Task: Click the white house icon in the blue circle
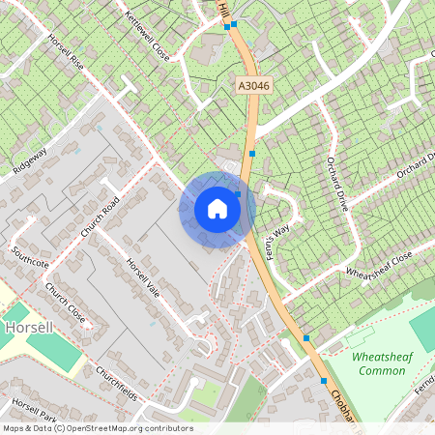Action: point(217,209)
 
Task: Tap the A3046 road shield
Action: point(253,87)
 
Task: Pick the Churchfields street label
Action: point(116,384)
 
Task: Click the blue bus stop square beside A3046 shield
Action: point(252,153)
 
